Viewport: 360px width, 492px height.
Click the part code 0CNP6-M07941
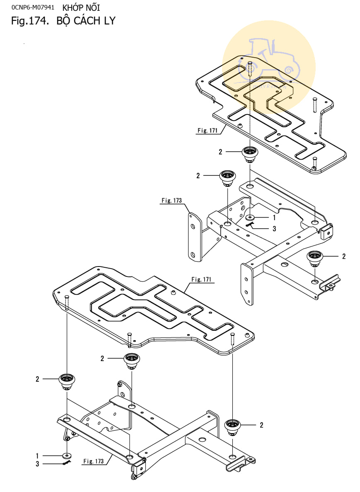[33, 7]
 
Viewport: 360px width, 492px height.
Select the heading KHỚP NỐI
[81, 7]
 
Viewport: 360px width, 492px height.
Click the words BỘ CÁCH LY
[86, 21]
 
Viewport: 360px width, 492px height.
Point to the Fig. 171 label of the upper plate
[207, 131]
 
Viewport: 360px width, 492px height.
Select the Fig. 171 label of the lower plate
[201, 279]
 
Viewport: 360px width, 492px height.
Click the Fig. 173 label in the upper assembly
[172, 200]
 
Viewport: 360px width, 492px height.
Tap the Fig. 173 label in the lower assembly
[94, 461]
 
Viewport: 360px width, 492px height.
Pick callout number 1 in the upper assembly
[274, 218]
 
